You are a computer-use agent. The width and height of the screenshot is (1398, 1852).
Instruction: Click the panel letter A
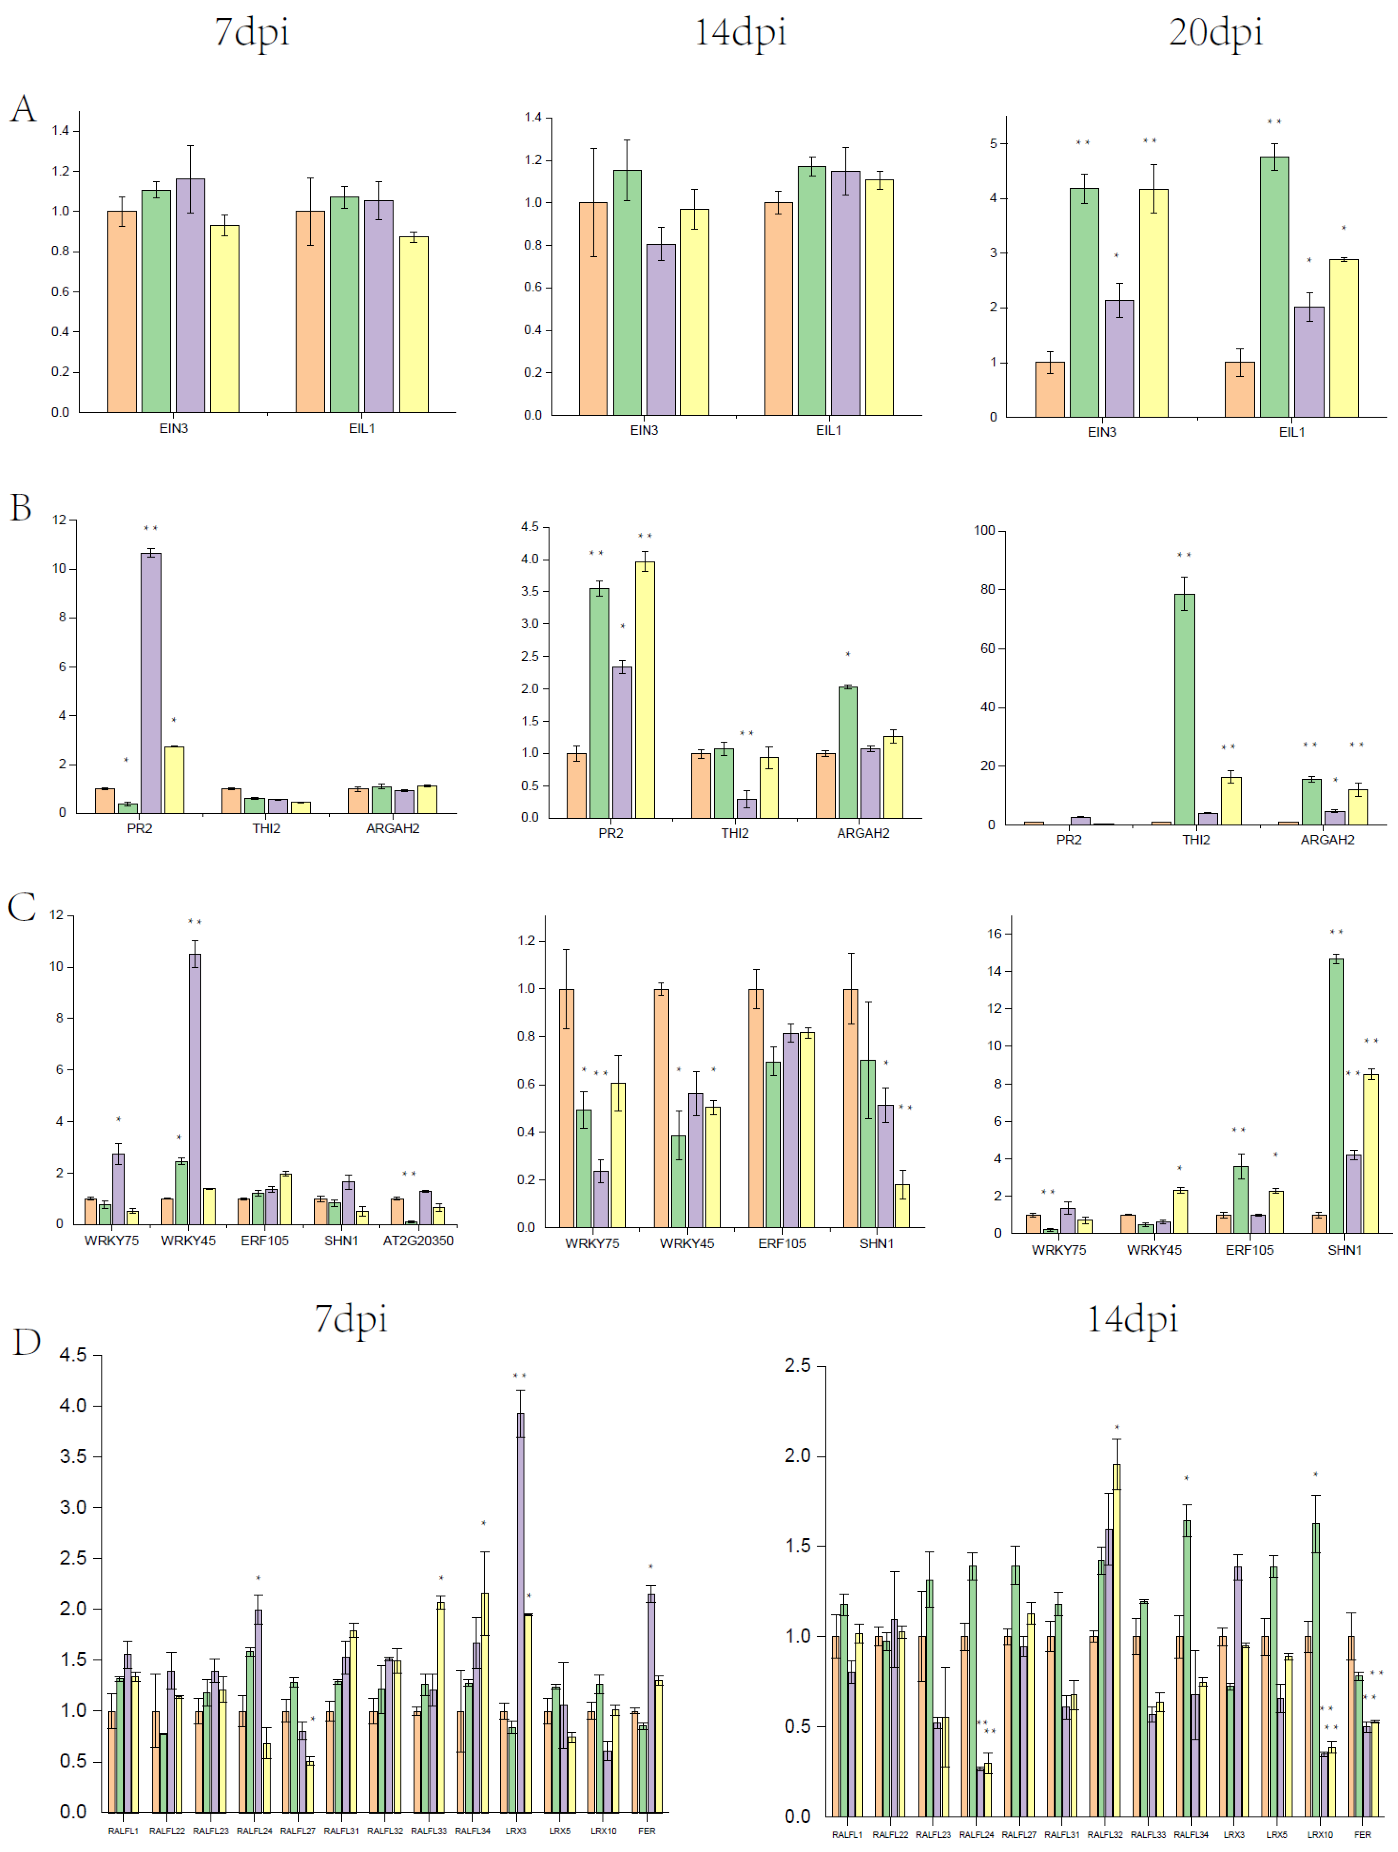24,109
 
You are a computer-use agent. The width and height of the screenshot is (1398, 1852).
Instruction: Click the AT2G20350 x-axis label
418,1240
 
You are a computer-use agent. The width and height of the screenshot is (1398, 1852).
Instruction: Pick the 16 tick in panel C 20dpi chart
994,933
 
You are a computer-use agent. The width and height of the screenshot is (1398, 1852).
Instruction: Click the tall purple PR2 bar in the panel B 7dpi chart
151,682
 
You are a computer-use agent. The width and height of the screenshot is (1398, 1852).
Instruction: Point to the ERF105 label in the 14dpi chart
782,1243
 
